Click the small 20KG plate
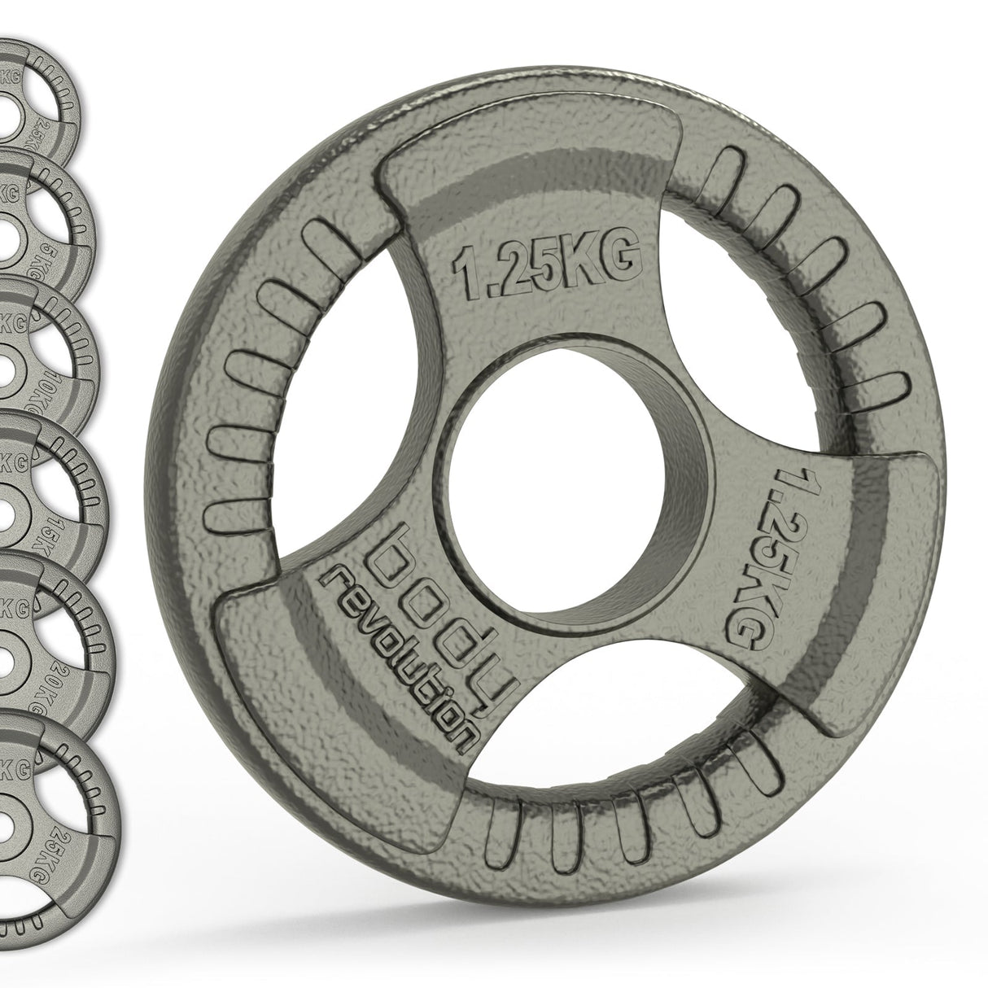49,627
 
